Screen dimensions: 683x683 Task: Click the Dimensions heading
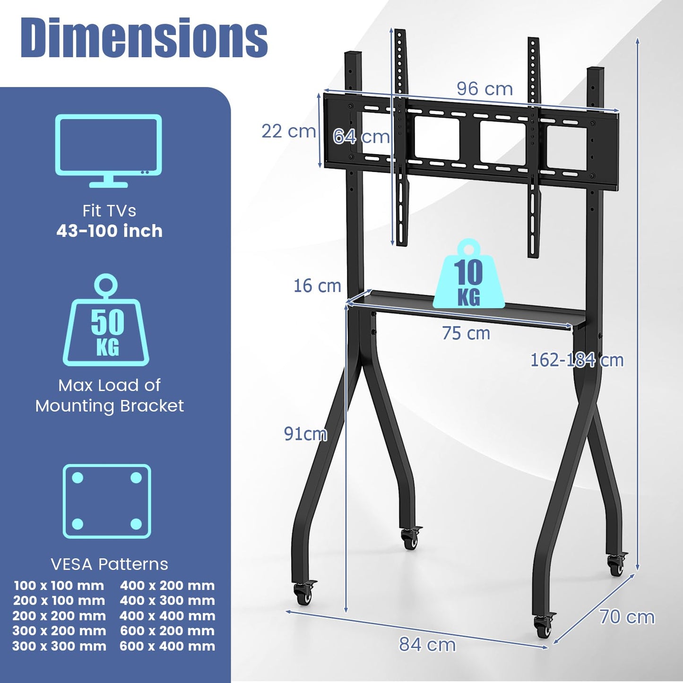point(144,38)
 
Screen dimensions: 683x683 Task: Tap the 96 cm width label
point(484,88)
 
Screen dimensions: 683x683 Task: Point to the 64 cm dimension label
point(361,137)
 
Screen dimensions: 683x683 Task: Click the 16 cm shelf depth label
point(317,285)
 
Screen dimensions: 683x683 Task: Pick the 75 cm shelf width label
point(466,333)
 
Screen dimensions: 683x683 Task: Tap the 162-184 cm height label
point(577,360)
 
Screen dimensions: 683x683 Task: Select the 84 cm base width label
point(427,644)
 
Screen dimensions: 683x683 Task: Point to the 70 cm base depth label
point(627,617)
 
